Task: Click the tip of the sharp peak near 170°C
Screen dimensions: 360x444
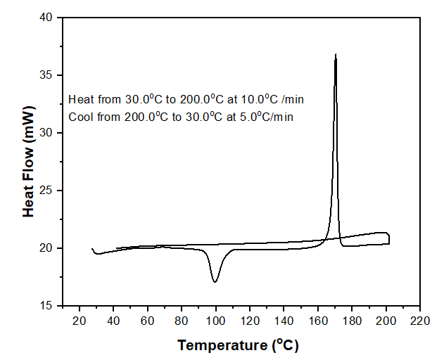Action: pos(336,55)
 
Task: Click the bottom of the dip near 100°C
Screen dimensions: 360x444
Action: pos(215,281)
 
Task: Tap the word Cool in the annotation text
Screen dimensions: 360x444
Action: pos(80,117)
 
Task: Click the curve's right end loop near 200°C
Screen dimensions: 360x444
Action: pos(388,238)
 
